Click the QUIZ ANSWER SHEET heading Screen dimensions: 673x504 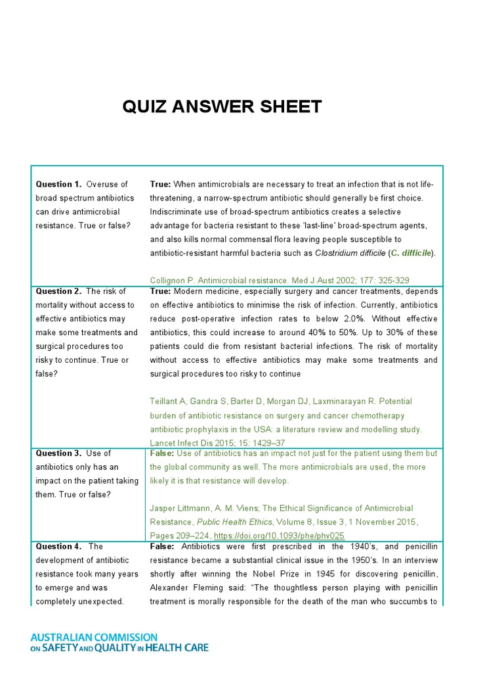click(222, 106)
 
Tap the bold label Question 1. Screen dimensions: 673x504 click(58, 184)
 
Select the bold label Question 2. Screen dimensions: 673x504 click(58, 291)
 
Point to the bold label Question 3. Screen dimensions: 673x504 click(58, 453)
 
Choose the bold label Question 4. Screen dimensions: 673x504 click(58, 546)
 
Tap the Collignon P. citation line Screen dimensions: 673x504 click(279, 281)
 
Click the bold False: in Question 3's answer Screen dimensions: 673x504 click(162, 453)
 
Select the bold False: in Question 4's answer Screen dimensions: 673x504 click(162, 546)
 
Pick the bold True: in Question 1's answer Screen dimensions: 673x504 click(161, 184)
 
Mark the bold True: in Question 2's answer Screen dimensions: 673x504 click(161, 291)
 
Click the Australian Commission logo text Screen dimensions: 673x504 click(119, 643)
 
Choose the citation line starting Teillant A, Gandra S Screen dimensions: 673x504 click(281, 401)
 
